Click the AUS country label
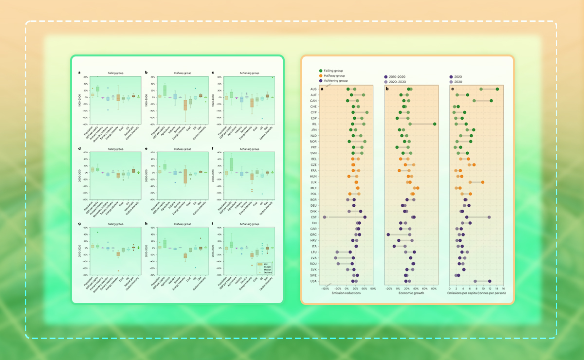click(314, 89)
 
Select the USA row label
click(314, 281)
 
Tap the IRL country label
click(314, 124)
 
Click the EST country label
click(314, 217)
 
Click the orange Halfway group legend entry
click(333, 75)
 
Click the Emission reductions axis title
click(346, 293)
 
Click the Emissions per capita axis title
click(475, 293)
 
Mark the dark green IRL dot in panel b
click(435, 124)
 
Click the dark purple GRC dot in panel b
click(388, 234)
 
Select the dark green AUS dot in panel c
click(497, 89)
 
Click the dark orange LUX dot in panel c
click(483, 182)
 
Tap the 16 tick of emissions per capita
click(503, 288)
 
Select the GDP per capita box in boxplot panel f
click(231, 164)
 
